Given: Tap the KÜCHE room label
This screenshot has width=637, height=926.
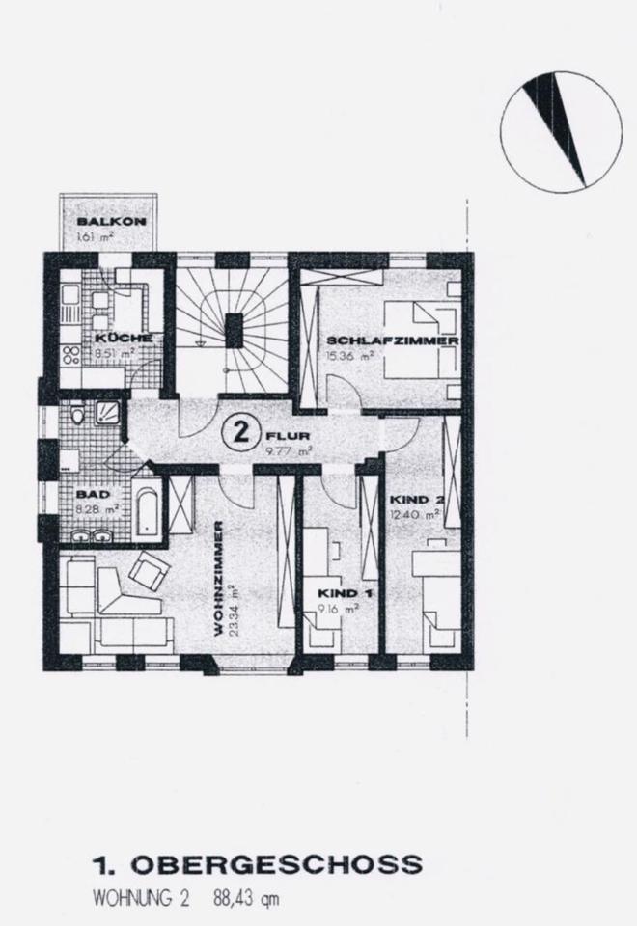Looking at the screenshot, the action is [122, 338].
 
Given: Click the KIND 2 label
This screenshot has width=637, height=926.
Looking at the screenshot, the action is [415, 500].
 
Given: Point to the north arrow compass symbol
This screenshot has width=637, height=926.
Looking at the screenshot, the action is [561, 129].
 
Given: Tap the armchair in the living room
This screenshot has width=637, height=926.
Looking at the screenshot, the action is [148, 571].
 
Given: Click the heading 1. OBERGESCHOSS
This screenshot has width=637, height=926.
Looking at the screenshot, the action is [259, 863].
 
